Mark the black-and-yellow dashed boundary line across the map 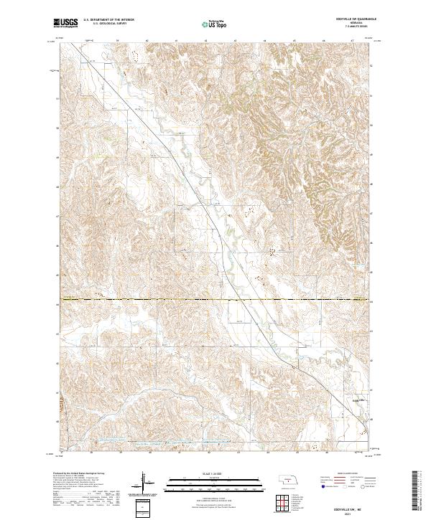coord(215,299)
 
